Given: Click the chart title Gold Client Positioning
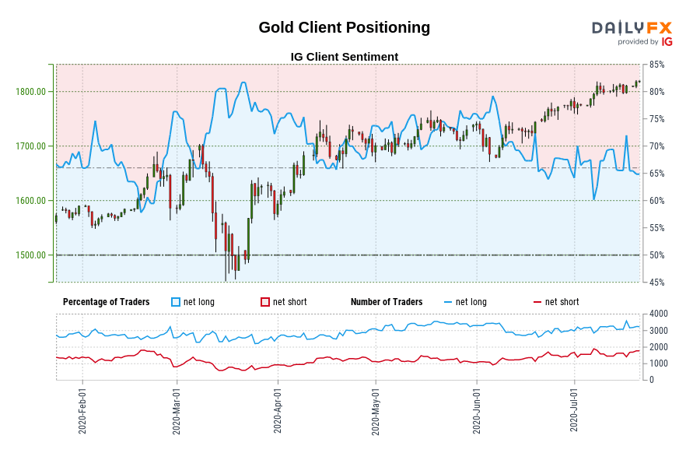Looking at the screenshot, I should (x=344, y=27).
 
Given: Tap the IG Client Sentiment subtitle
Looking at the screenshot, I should (x=344, y=57).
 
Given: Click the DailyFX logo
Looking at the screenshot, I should (x=632, y=33).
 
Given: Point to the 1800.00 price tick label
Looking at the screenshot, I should (x=30, y=92).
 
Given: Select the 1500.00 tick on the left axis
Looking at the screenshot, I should (x=30, y=255).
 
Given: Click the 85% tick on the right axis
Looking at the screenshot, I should (x=656, y=65).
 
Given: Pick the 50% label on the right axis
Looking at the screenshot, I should (x=656, y=255).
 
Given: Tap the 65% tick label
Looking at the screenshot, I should (x=656, y=174).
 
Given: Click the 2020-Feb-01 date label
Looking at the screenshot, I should (x=82, y=411).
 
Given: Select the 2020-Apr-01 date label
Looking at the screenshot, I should (x=278, y=411).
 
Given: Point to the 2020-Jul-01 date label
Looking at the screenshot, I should (x=574, y=411).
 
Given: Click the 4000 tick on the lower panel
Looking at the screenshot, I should (x=657, y=314).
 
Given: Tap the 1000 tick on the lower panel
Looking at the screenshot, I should (x=657, y=363).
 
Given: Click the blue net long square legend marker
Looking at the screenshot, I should (x=175, y=302).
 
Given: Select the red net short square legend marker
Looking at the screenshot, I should (x=265, y=302).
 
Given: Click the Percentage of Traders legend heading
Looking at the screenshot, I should (x=106, y=302).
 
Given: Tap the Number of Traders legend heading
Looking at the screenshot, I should (x=387, y=302).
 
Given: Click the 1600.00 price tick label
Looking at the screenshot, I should (x=30, y=201).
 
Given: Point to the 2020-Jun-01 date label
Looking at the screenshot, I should (x=476, y=411).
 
